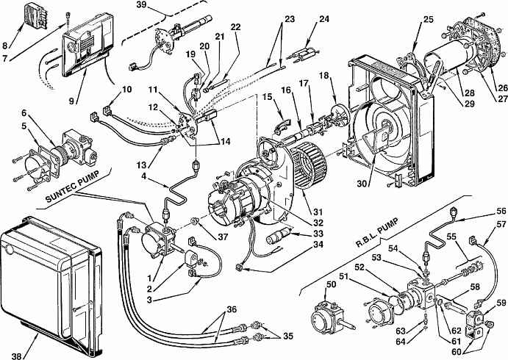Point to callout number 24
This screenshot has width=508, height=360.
[323, 19]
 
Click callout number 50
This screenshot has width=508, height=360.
[332, 284]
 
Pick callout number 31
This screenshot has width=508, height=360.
[318, 212]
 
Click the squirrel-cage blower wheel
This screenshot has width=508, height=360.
[309, 167]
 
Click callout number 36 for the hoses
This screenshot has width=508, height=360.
[231, 309]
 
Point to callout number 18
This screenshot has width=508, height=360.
[324, 76]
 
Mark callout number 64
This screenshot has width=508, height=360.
[401, 341]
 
